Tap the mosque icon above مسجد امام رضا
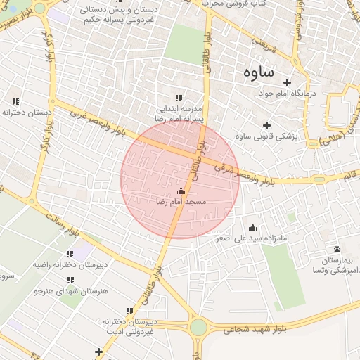(181, 191)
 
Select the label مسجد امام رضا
(181, 202)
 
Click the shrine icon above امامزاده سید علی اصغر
(252, 227)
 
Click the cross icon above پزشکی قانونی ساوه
(266, 125)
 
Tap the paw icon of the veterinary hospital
(337, 249)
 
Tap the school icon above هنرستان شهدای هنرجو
(70, 280)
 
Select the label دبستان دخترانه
(27, 112)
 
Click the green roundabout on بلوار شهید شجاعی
(198, 328)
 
